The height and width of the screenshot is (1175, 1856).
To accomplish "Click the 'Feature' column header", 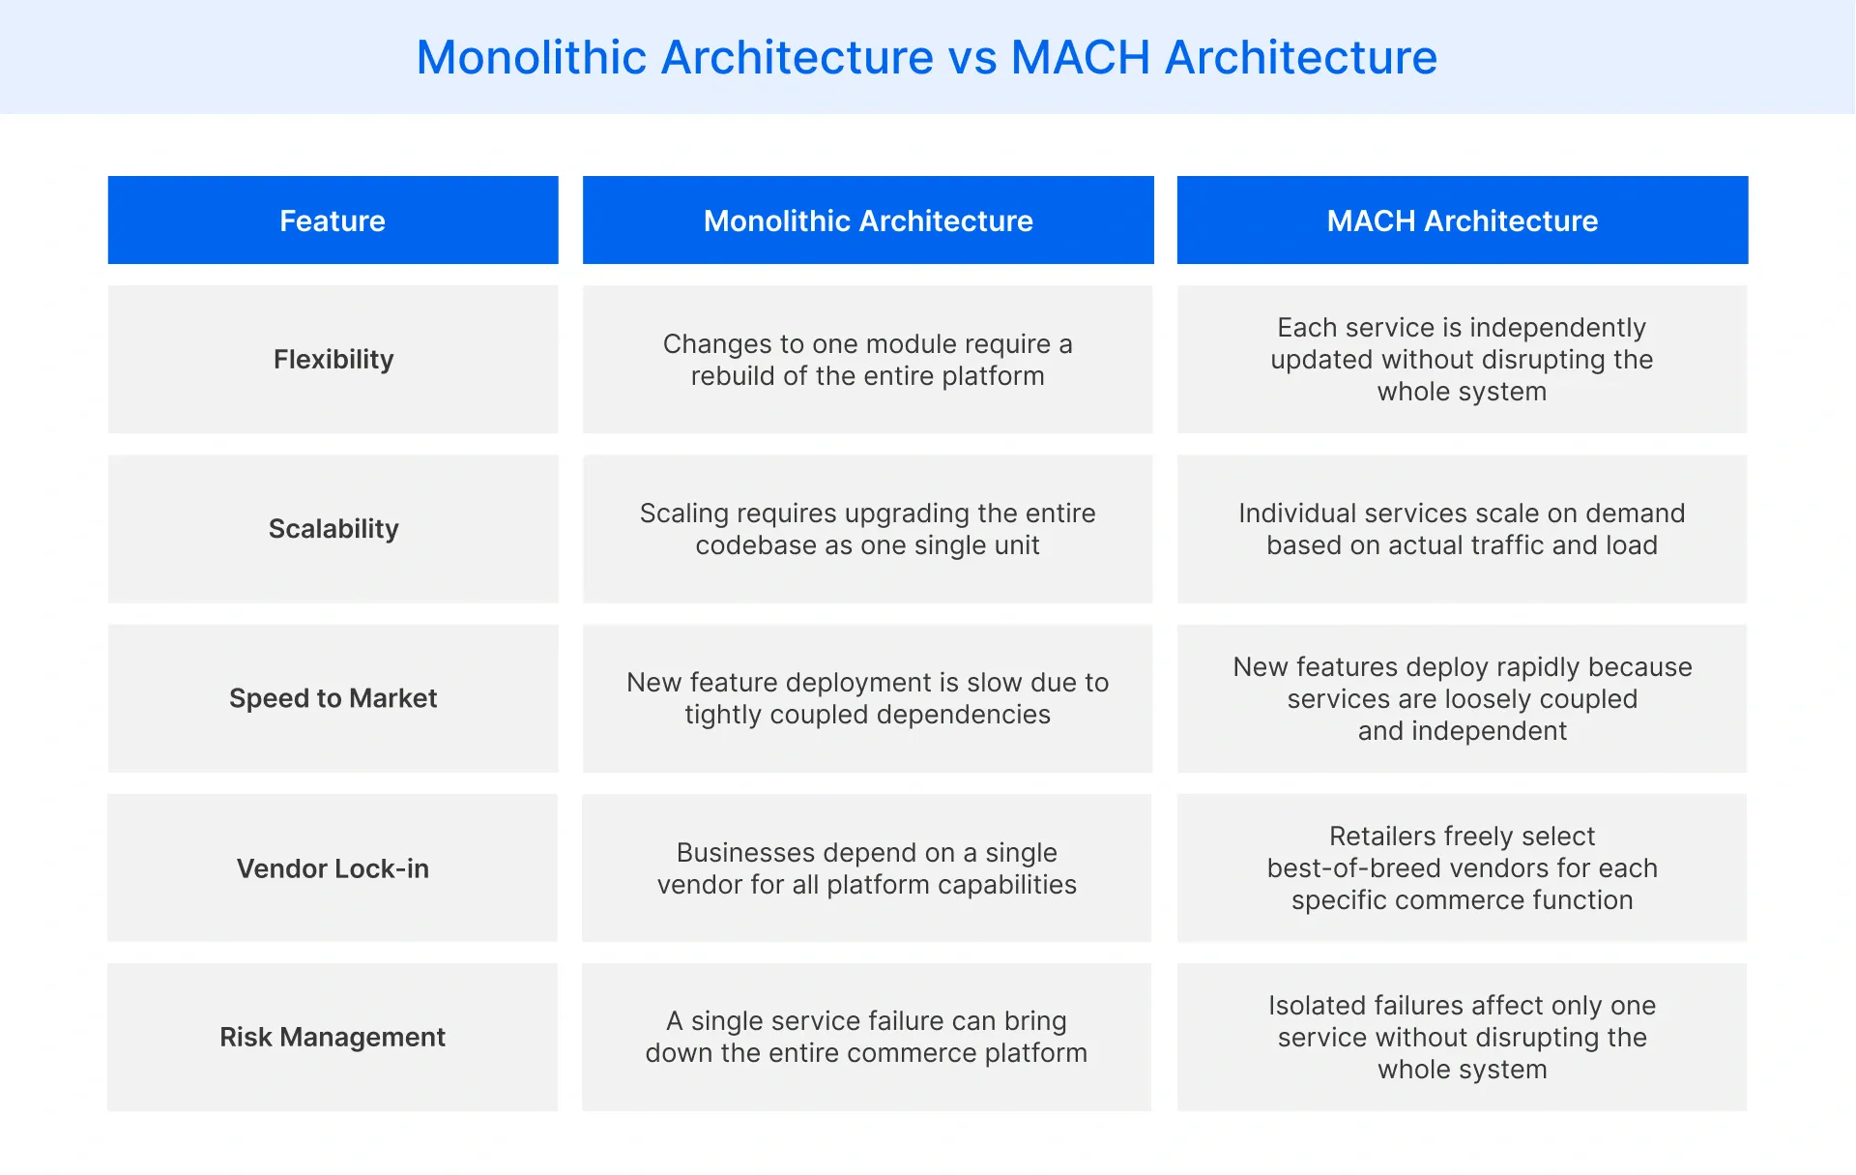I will coord(333,220).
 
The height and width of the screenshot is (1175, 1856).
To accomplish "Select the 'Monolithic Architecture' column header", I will coord(868,220).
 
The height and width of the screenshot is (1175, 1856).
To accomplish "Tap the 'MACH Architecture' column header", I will coord(1462,220).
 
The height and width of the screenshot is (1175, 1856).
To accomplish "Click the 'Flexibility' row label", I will coord(333,360).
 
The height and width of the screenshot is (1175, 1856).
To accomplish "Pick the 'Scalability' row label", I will coord(333,529).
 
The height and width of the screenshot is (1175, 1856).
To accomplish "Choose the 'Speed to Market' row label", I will coord(333,698).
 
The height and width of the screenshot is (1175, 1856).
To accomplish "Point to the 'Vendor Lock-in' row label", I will coord(333,868).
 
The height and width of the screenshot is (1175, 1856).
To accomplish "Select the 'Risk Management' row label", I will coord(333,1038).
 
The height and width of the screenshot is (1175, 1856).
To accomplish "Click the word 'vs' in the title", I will coord(971,58).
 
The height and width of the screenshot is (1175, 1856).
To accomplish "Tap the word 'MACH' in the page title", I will coord(1080,58).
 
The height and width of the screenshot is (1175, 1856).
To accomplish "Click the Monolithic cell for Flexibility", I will coord(867,360).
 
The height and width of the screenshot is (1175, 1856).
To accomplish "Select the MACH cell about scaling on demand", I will coord(1462,529).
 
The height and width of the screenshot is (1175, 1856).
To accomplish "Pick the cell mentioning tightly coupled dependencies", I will coord(867,698).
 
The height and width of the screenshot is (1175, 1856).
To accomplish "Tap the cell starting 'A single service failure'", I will coord(866,1037).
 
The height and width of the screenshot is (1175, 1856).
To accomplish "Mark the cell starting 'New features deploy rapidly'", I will coord(1462,698).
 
